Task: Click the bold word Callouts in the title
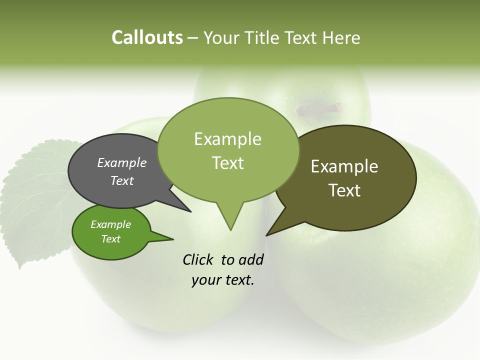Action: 147,37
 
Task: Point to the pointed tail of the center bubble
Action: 230,220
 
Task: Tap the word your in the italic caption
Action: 205,280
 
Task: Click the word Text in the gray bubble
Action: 122,181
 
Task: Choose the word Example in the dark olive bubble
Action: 344,166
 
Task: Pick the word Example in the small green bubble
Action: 110,224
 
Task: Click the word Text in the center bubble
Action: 228,163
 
